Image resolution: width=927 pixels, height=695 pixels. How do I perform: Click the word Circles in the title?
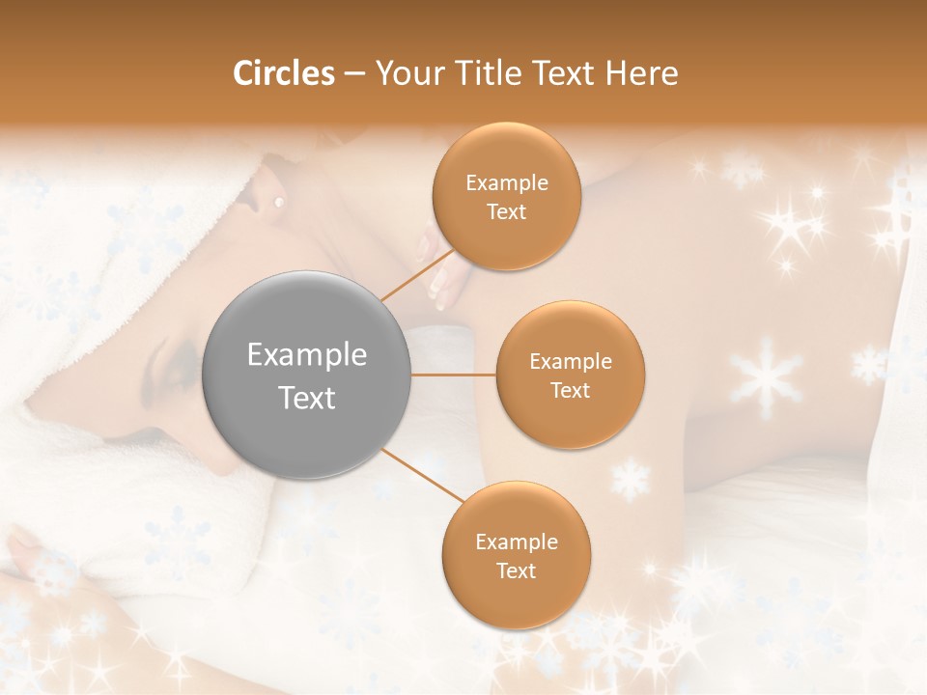[x=283, y=73]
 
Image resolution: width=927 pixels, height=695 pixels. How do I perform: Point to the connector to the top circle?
[x=417, y=275]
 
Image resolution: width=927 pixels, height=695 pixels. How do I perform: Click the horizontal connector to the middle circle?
[x=453, y=375]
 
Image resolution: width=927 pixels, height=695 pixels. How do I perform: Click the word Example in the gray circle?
[x=307, y=355]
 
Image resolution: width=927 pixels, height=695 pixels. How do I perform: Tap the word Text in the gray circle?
[x=307, y=398]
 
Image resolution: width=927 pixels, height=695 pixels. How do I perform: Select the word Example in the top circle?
[x=507, y=183]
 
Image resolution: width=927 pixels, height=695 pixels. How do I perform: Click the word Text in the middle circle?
[x=570, y=390]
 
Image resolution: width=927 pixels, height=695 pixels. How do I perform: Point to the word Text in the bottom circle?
[x=516, y=570]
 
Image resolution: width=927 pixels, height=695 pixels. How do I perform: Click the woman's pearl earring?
[x=279, y=203]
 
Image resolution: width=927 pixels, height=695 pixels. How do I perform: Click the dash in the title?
[x=353, y=74]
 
